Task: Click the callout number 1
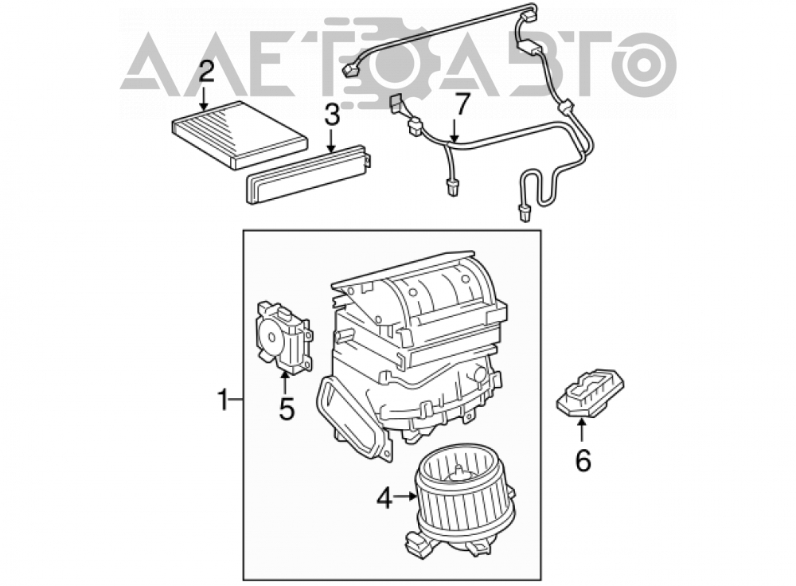[x=224, y=400]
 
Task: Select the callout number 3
[x=331, y=115]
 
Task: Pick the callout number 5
[x=287, y=408]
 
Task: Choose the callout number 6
[x=583, y=460]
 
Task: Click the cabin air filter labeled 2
[x=240, y=134]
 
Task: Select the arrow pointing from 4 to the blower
[x=406, y=497]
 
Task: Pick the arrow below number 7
[x=455, y=130]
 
